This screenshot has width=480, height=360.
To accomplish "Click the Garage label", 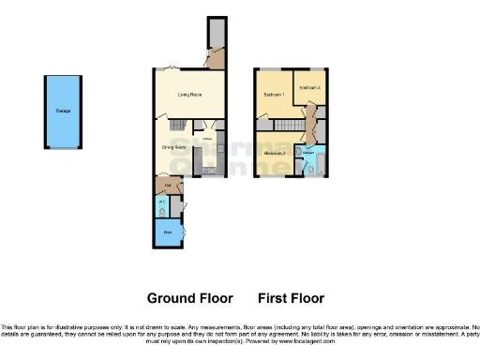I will [x=64, y=112].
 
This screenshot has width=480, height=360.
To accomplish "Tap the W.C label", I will [x=161, y=202].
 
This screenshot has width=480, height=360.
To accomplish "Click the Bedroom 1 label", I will [x=274, y=95].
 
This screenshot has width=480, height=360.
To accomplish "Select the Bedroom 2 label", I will [x=308, y=87].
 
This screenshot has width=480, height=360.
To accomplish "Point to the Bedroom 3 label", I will [x=275, y=153].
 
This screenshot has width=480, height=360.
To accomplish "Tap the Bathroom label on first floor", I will [x=308, y=151].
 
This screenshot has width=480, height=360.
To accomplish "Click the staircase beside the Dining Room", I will [x=177, y=124].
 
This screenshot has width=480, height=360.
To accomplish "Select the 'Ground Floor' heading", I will [x=189, y=298].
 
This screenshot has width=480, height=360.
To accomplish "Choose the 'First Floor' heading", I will [x=291, y=298].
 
